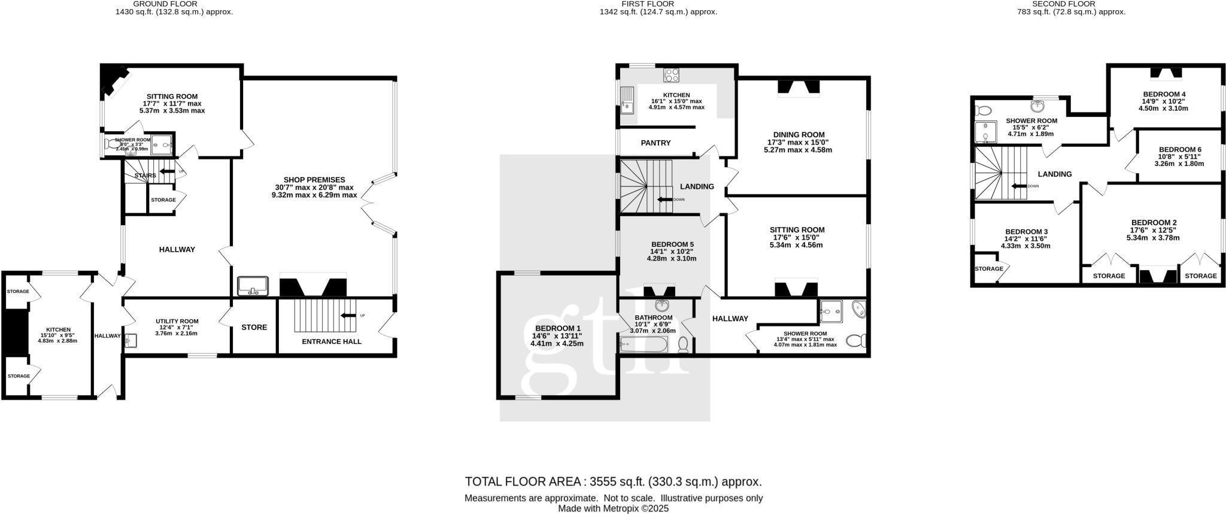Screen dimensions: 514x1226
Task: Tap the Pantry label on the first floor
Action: (x=656, y=143)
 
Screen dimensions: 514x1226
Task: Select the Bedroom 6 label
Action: (x=1179, y=150)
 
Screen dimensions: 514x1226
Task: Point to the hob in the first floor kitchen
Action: (x=672, y=75)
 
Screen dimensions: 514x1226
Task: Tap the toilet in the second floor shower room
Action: (x=982, y=111)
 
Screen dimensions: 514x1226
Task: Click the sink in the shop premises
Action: (x=254, y=286)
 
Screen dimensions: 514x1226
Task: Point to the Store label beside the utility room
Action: (x=254, y=328)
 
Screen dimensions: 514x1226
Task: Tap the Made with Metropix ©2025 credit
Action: (x=613, y=509)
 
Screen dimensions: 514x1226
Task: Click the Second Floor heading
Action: (x=1072, y=4)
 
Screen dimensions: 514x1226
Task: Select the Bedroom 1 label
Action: (x=557, y=328)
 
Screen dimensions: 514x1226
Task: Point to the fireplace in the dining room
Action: (x=798, y=87)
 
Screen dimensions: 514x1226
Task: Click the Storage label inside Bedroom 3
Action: (x=988, y=269)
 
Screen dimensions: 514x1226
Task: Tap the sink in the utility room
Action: (x=132, y=341)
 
